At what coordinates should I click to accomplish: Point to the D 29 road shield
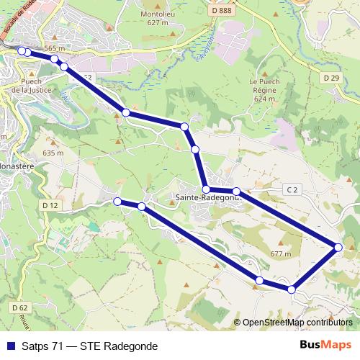[x=331, y=77]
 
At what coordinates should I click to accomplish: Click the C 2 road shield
[x=292, y=189]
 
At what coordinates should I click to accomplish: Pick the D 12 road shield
[x=50, y=205]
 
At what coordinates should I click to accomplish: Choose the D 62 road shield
[x=19, y=307]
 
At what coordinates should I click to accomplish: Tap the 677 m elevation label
[x=280, y=254]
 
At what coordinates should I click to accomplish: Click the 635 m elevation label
[x=53, y=153]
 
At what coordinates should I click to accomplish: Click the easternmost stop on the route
[x=338, y=248]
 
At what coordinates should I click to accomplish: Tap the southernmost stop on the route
[x=292, y=289]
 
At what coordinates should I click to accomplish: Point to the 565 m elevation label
[x=54, y=48]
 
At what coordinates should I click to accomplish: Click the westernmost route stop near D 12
[x=117, y=202]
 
